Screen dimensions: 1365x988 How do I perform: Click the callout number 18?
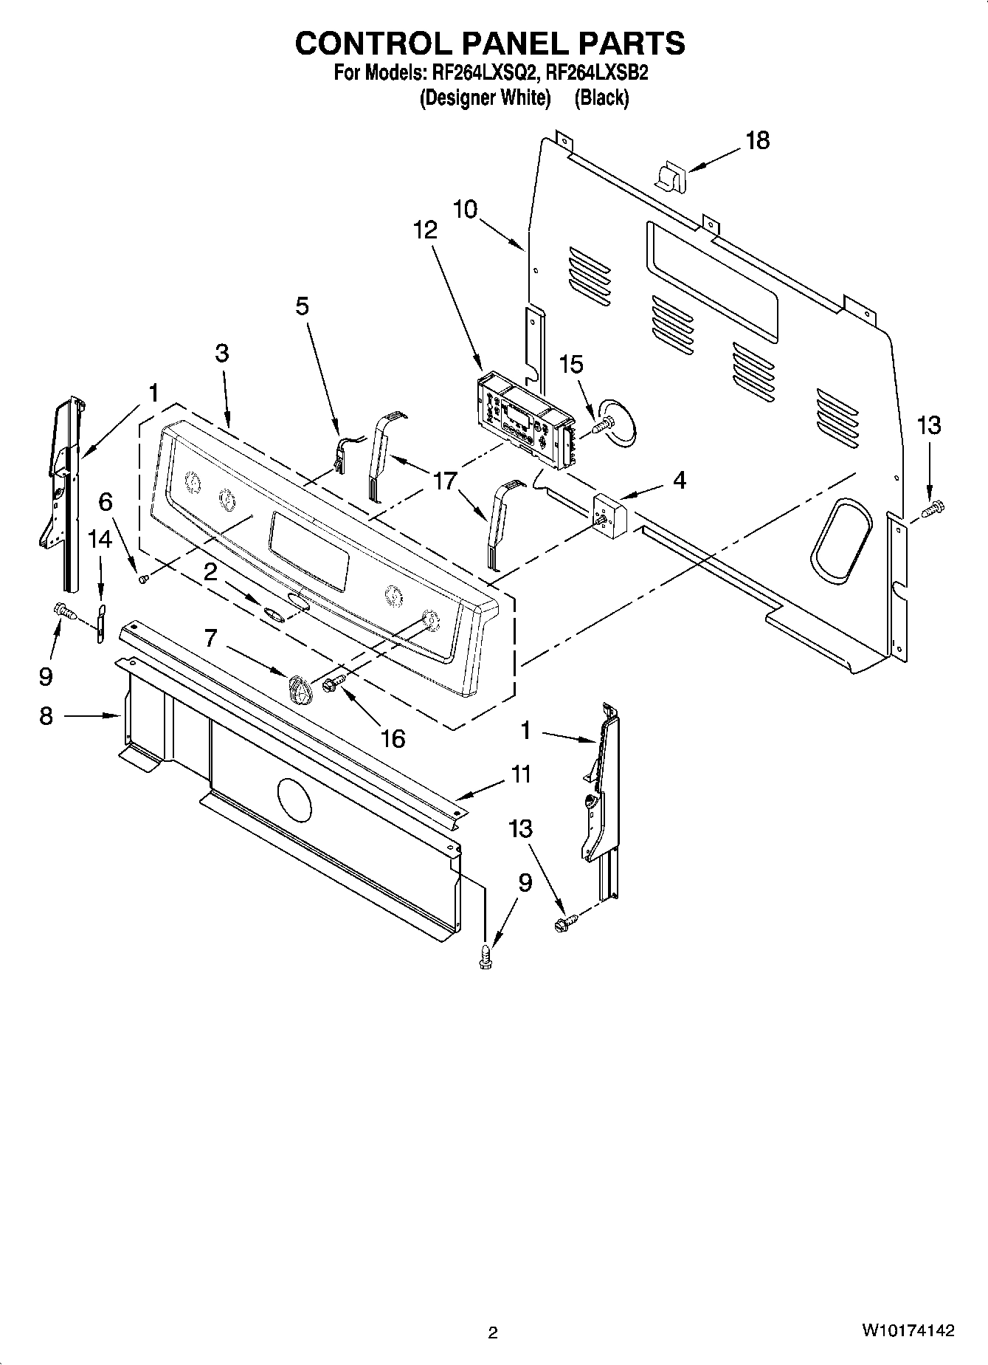point(757,140)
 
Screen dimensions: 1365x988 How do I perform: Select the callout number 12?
point(424,230)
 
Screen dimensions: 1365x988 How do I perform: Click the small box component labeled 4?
point(609,512)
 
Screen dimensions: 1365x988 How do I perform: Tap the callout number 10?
point(465,209)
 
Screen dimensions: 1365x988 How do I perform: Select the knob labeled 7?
point(297,689)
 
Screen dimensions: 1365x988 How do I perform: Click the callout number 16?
point(393,737)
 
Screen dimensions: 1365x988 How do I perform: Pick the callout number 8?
point(46,715)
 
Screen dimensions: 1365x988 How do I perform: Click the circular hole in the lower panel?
point(294,799)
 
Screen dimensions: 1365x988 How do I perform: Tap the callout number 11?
point(521,774)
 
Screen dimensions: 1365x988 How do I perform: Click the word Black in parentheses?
point(601,97)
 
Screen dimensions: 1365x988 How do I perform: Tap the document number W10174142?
point(906,1331)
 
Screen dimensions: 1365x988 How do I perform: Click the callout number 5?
point(303,306)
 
